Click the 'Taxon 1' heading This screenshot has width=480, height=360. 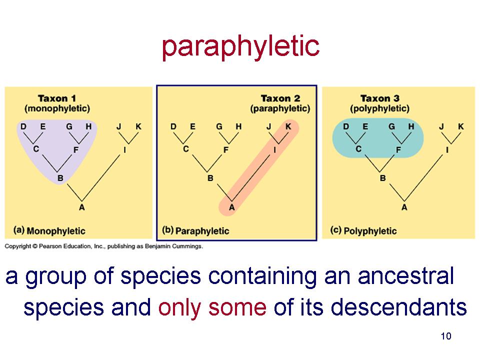[x=57, y=98]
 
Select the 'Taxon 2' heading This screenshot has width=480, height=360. [x=280, y=98]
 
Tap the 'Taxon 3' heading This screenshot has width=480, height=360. [x=380, y=98]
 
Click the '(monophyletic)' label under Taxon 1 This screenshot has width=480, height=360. [x=57, y=108]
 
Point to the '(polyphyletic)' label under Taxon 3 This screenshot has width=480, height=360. [x=380, y=108]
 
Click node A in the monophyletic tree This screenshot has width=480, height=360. [x=81, y=207]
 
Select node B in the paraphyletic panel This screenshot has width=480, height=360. [x=210, y=178]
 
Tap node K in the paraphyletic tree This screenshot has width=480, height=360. [x=288, y=126]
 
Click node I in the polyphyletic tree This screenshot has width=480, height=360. [x=447, y=149]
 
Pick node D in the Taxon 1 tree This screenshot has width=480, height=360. [x=23, y=126]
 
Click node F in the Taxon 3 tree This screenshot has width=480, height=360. [x=398, y=149]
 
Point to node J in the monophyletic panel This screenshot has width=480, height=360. [x=119, y=126]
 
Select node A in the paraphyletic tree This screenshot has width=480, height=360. [x=231, y=207]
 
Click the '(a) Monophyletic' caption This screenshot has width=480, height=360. [x=49, y=230]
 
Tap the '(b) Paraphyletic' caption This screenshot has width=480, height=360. [x=195, y=230]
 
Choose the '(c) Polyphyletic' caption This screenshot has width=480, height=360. [x=363, y=230]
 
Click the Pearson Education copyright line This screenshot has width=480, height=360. [x=104, y=246]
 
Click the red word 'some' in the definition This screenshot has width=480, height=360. [x=237, y=307]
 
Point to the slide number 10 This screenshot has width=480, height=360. [x=446, y=336]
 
